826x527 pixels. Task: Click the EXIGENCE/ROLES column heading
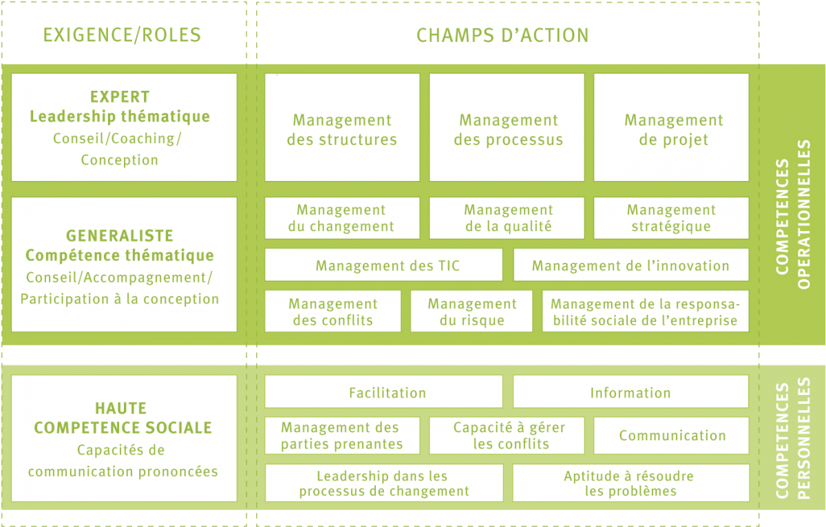point(122,35)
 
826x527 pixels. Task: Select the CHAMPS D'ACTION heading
point(502,35)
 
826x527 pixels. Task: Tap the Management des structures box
point(342,127)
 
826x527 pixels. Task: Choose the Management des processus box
point(507,127)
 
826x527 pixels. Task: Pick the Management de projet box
point(672,127)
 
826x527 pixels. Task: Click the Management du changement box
point(342,218)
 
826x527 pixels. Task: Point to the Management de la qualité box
point(507,218)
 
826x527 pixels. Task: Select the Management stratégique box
point(672,218)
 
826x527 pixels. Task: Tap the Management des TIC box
point(383,265)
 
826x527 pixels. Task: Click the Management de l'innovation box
point(631,265)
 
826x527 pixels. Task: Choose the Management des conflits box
point(332,311)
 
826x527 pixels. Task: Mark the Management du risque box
point(472,311)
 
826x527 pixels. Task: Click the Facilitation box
point(383,391)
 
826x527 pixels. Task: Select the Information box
point(631,391)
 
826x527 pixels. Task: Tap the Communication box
point(672,435)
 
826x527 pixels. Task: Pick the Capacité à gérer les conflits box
point(507,435)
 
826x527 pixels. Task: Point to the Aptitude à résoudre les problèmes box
point(631,483)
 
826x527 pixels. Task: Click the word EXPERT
point(120,97)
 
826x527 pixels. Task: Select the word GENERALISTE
point(120,236)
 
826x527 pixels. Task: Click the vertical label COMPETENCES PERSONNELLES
point(793,438)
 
